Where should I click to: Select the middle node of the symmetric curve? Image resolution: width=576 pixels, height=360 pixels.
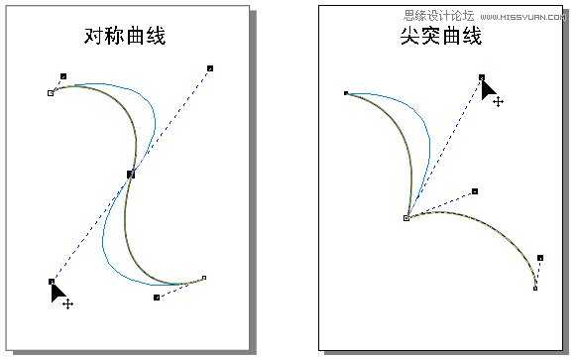(x=130, y=174)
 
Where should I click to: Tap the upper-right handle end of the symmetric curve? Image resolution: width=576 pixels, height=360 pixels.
(x=210, y=68)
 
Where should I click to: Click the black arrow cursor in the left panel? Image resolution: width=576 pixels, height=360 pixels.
(x=58, y=291)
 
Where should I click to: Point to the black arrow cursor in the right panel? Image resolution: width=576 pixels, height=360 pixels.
(x=488, y=89)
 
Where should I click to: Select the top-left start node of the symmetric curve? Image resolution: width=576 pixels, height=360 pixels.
(x=51, y=93)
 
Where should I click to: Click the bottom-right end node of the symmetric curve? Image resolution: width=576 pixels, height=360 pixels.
(x=204, y=278)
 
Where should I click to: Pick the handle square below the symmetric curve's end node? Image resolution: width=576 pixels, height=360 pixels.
(x=157, y=297)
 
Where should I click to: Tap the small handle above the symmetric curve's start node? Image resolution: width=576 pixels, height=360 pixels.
(x=63, y=75)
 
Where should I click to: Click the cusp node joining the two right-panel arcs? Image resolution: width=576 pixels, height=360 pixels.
(x=406, y=217)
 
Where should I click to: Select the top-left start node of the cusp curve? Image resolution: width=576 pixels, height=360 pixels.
(x=346, y=93)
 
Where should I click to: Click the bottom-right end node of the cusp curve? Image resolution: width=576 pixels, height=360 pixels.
(x=535, y=288)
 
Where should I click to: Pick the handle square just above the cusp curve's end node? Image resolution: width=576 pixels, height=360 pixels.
(x=540, y=258)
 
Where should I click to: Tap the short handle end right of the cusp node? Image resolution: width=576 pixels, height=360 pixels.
(x=475, y=191)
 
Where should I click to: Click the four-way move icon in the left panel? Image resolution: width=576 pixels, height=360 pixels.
(x=67, y=303)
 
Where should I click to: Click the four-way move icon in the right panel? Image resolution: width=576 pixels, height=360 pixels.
(x=498, y=101)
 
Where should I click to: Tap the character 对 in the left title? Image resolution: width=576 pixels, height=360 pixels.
(x=91, y=36)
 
